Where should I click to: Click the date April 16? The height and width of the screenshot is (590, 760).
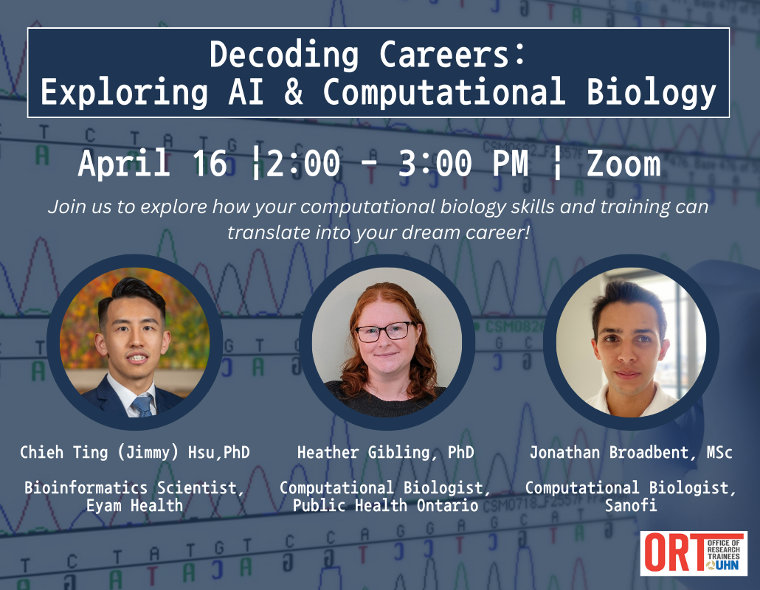tap(152, 164)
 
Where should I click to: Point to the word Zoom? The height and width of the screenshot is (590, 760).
tap(623, 164)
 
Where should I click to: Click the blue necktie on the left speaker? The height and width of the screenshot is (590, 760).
tap(142, 404)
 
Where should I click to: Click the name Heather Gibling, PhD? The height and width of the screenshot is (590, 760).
tap(385, 452)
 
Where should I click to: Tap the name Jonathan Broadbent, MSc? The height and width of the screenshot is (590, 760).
tap(631, 452)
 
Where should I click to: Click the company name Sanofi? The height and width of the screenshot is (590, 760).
tap(631, 506)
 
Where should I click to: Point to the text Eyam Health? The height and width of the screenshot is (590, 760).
tap(134, 506)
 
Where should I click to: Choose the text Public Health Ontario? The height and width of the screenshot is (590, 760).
tap(385, 506)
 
